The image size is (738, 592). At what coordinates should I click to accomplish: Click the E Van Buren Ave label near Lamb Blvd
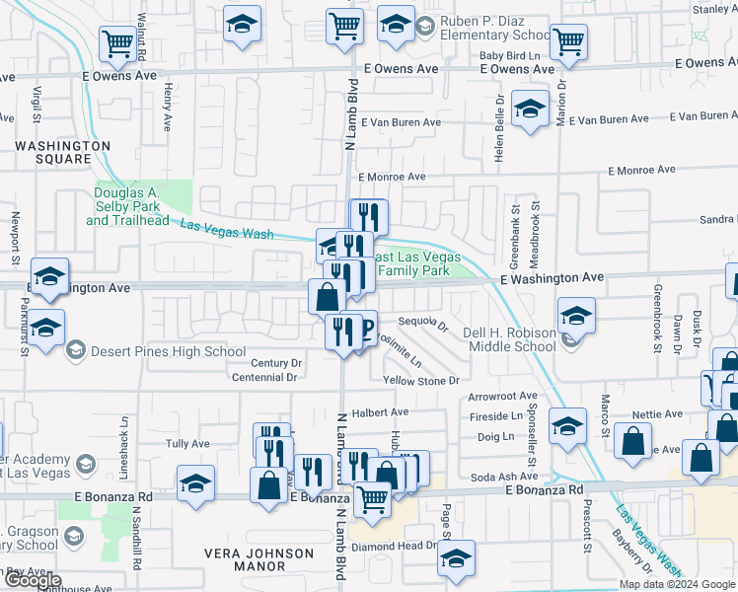coord(401,123)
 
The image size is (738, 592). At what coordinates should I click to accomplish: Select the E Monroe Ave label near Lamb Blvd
coord(392,177)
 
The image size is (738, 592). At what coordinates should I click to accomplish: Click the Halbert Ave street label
coord(386,412)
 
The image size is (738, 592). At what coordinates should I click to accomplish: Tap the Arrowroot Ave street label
coord(502,397)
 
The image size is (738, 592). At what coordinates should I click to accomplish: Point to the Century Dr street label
coord(277,363)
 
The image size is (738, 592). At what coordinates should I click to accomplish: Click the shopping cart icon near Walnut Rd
coord(117,44)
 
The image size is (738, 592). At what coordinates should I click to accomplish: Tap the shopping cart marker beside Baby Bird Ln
coord(569,42)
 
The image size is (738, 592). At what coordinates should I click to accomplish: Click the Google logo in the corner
coord(34,581)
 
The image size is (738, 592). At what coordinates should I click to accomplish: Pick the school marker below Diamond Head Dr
coord(456,557)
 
